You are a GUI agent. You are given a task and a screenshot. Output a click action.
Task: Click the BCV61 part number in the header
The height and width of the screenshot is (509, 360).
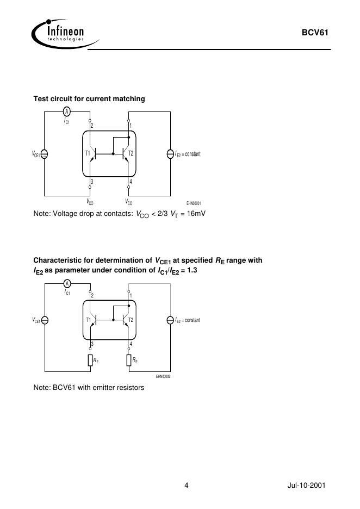(315, 33)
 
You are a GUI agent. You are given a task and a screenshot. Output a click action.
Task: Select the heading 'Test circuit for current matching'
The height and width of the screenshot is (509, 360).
(89, 98)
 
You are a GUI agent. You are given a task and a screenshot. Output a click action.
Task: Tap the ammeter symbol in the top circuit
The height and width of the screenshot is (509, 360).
(66, 111)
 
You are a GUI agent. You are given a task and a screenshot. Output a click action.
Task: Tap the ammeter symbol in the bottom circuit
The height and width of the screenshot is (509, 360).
(66, 284)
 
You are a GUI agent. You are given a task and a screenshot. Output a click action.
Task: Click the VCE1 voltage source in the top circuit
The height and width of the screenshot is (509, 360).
(45, 154)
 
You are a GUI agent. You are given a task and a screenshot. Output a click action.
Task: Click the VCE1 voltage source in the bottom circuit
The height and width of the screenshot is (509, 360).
(45, 320)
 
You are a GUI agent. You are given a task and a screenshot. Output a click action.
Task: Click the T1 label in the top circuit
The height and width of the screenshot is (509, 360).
(88, 153)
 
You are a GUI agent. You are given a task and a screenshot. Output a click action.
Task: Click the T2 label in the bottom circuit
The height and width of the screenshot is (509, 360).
(131, 320)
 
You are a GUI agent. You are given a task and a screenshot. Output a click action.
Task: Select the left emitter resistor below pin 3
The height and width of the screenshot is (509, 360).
(90, 360)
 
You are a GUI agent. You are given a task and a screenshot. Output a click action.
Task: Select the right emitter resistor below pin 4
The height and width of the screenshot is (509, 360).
(129, 360)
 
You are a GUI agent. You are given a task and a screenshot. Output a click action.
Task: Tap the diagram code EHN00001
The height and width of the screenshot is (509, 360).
(194, 203)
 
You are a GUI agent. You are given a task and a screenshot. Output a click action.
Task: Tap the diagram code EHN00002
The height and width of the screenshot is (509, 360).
(163, 376)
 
